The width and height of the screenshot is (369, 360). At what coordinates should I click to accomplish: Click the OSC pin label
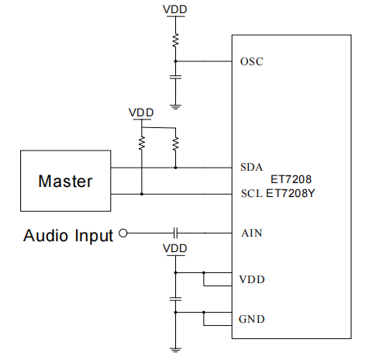251,61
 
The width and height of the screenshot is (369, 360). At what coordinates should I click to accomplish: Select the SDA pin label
251,168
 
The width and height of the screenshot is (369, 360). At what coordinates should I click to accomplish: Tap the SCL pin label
252,193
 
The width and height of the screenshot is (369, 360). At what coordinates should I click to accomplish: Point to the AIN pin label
252,233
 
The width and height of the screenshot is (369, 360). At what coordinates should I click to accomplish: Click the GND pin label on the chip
252,319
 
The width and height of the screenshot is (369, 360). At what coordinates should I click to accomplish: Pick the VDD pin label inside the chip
252,279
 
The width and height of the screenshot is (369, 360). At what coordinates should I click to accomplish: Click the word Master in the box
65,181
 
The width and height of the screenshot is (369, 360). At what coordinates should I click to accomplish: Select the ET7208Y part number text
291,193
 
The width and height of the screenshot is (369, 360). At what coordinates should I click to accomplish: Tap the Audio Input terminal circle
123,233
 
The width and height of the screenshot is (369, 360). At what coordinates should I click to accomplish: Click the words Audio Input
68,236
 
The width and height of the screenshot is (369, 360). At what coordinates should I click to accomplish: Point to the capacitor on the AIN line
175,233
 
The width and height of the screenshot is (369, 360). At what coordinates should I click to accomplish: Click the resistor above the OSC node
175,40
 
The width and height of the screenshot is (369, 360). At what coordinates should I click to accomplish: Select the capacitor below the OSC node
175,77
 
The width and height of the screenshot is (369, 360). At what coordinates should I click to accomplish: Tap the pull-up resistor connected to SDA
175,144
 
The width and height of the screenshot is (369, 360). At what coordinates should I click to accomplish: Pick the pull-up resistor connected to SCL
142,143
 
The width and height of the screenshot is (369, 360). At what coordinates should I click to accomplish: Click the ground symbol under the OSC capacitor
175,107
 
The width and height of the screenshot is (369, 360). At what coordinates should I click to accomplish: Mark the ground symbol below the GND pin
175,350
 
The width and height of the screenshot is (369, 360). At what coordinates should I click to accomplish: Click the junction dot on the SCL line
142,194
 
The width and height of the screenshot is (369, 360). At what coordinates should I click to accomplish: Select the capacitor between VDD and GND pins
175,299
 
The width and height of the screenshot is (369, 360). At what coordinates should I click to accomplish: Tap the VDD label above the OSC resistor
175,9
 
